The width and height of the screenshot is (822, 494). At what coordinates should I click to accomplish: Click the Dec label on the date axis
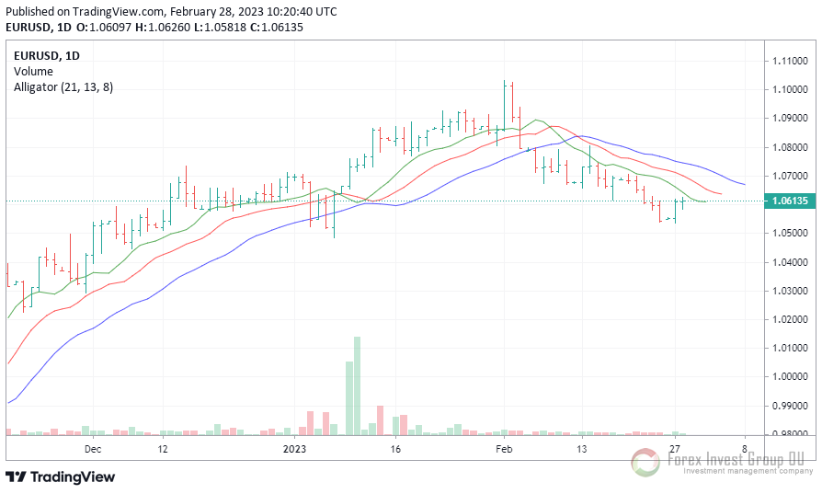pos(92,449)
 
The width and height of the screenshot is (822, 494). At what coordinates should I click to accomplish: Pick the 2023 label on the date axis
pos(294,449)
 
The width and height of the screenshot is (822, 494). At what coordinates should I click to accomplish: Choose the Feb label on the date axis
pos(504,449)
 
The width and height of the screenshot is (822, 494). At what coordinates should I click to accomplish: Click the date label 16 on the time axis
pos(395,449)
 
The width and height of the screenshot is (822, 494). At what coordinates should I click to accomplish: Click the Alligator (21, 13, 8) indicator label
pos(63,86)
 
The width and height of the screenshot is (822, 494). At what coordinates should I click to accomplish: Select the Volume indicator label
pos(33,71)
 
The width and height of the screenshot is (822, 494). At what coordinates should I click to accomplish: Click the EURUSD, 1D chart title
pos(47,55)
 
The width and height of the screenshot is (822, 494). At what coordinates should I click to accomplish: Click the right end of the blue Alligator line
pos(744,184)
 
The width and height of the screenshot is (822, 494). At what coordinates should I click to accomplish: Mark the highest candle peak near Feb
pos(505,82)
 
